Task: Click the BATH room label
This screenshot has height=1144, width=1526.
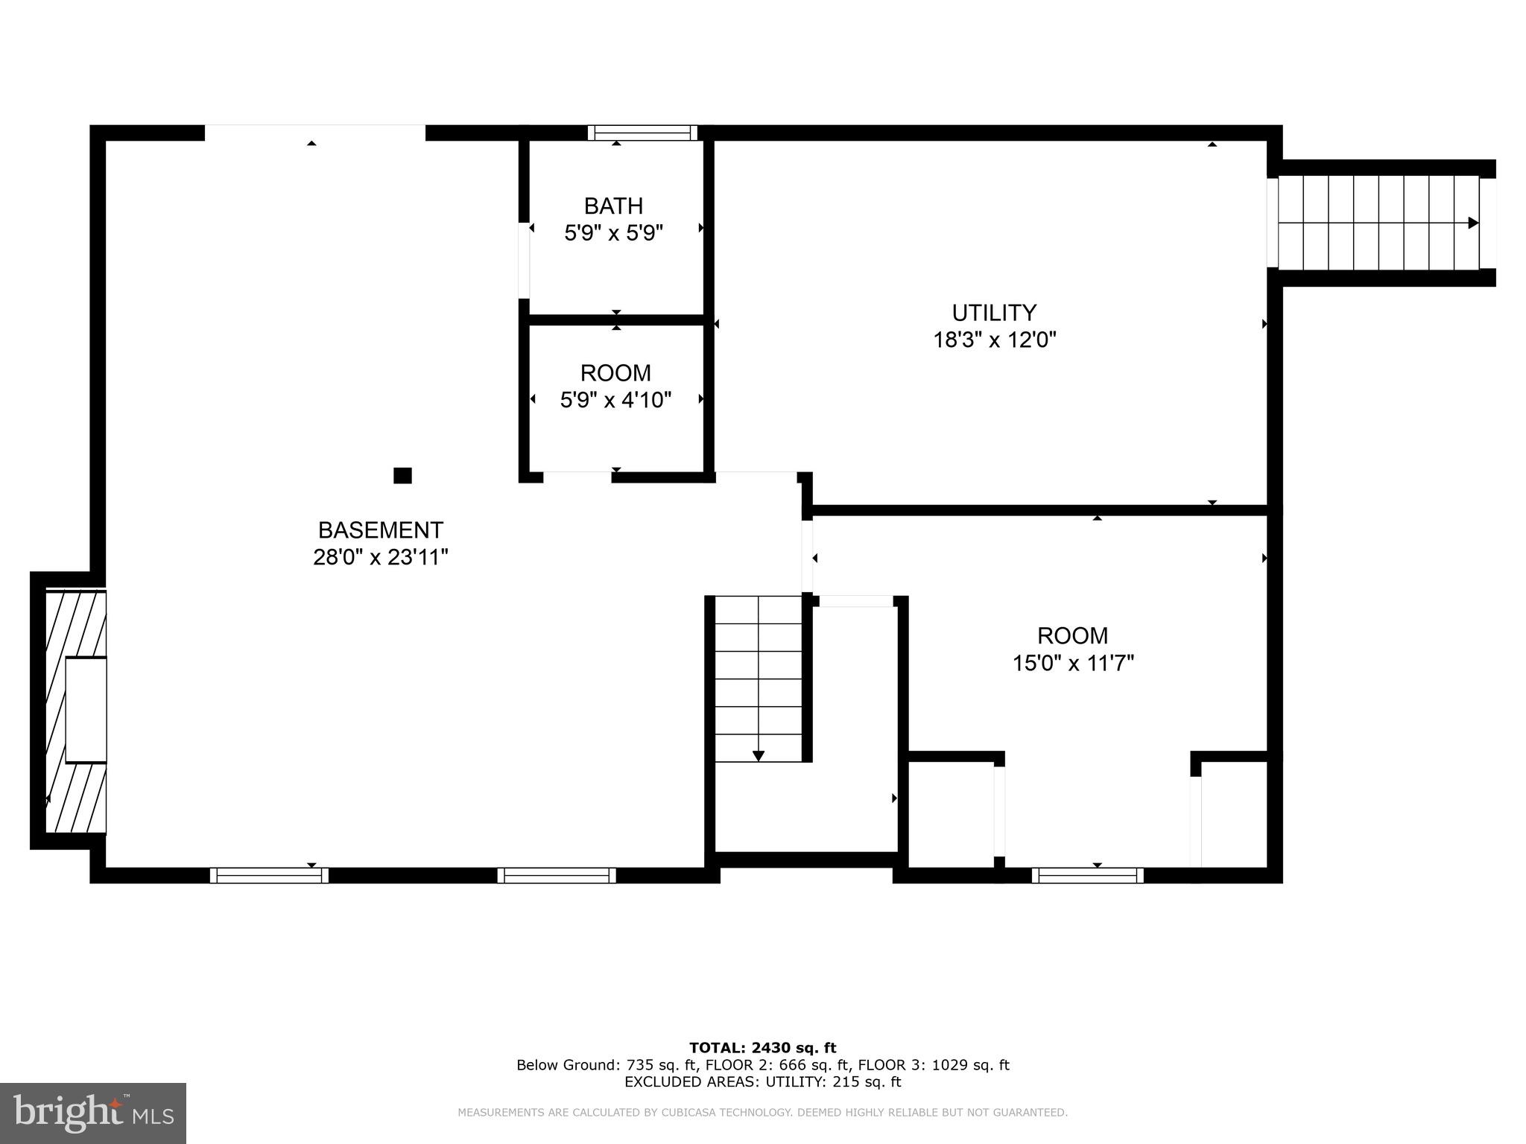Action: [613, 206]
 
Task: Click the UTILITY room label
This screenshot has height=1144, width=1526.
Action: [994, 312]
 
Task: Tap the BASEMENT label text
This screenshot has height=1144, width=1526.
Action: [381, 530]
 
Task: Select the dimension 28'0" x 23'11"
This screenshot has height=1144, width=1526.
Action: [381, 557]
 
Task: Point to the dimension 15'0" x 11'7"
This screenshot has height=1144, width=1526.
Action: [1073, 663]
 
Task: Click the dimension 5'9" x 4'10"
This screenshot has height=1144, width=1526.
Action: [615, 401]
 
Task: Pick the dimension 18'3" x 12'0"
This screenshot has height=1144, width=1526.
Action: [995, 340]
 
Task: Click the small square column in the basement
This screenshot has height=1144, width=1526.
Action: [402, 475]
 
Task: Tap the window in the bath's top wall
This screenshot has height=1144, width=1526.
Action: [642, 133]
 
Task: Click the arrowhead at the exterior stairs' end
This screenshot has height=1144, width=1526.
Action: [1473, 223]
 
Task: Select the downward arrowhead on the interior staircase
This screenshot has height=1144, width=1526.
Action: [759, 756]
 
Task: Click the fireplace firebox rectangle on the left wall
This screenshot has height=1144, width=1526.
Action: [86, 710]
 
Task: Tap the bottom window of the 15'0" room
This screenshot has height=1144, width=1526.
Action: [1087, 875]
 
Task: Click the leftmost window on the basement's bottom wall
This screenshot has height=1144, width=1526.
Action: [269, 875]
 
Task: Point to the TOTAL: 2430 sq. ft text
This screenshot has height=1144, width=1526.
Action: [762, 1048]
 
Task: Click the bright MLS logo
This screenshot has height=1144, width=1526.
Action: [93, 1113]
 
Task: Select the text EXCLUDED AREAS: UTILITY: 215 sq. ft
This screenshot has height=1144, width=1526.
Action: [762, 1081]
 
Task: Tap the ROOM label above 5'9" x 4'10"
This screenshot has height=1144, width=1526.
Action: [615, 372]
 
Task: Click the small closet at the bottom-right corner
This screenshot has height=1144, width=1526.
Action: [1234, 815]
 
